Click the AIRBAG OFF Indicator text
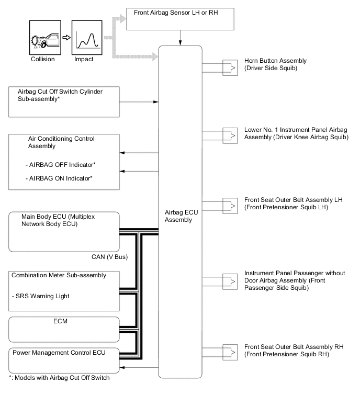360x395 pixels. point(61,165)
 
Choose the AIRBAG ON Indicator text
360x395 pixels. point(60,178)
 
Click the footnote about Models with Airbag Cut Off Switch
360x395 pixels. point(60,379)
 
